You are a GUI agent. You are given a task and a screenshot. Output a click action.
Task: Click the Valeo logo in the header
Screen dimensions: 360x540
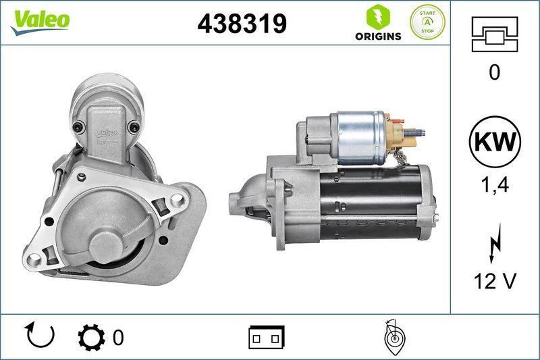pos(40,19)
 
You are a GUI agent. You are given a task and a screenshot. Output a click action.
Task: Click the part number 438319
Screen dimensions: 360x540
pos(242,24)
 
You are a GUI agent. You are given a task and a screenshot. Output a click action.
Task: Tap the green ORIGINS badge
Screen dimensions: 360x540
pos(378,23)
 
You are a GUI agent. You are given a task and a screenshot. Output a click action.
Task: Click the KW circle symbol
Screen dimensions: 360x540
pos(495,143)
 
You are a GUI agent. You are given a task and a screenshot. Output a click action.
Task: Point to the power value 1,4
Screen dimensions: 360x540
pos(495,184)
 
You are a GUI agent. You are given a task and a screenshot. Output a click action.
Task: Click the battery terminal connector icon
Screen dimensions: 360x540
pos(267,336)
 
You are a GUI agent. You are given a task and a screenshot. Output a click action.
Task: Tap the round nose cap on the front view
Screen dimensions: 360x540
pos(108,243)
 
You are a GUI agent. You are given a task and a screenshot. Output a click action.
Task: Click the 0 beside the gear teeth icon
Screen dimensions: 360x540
pos(118,336)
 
